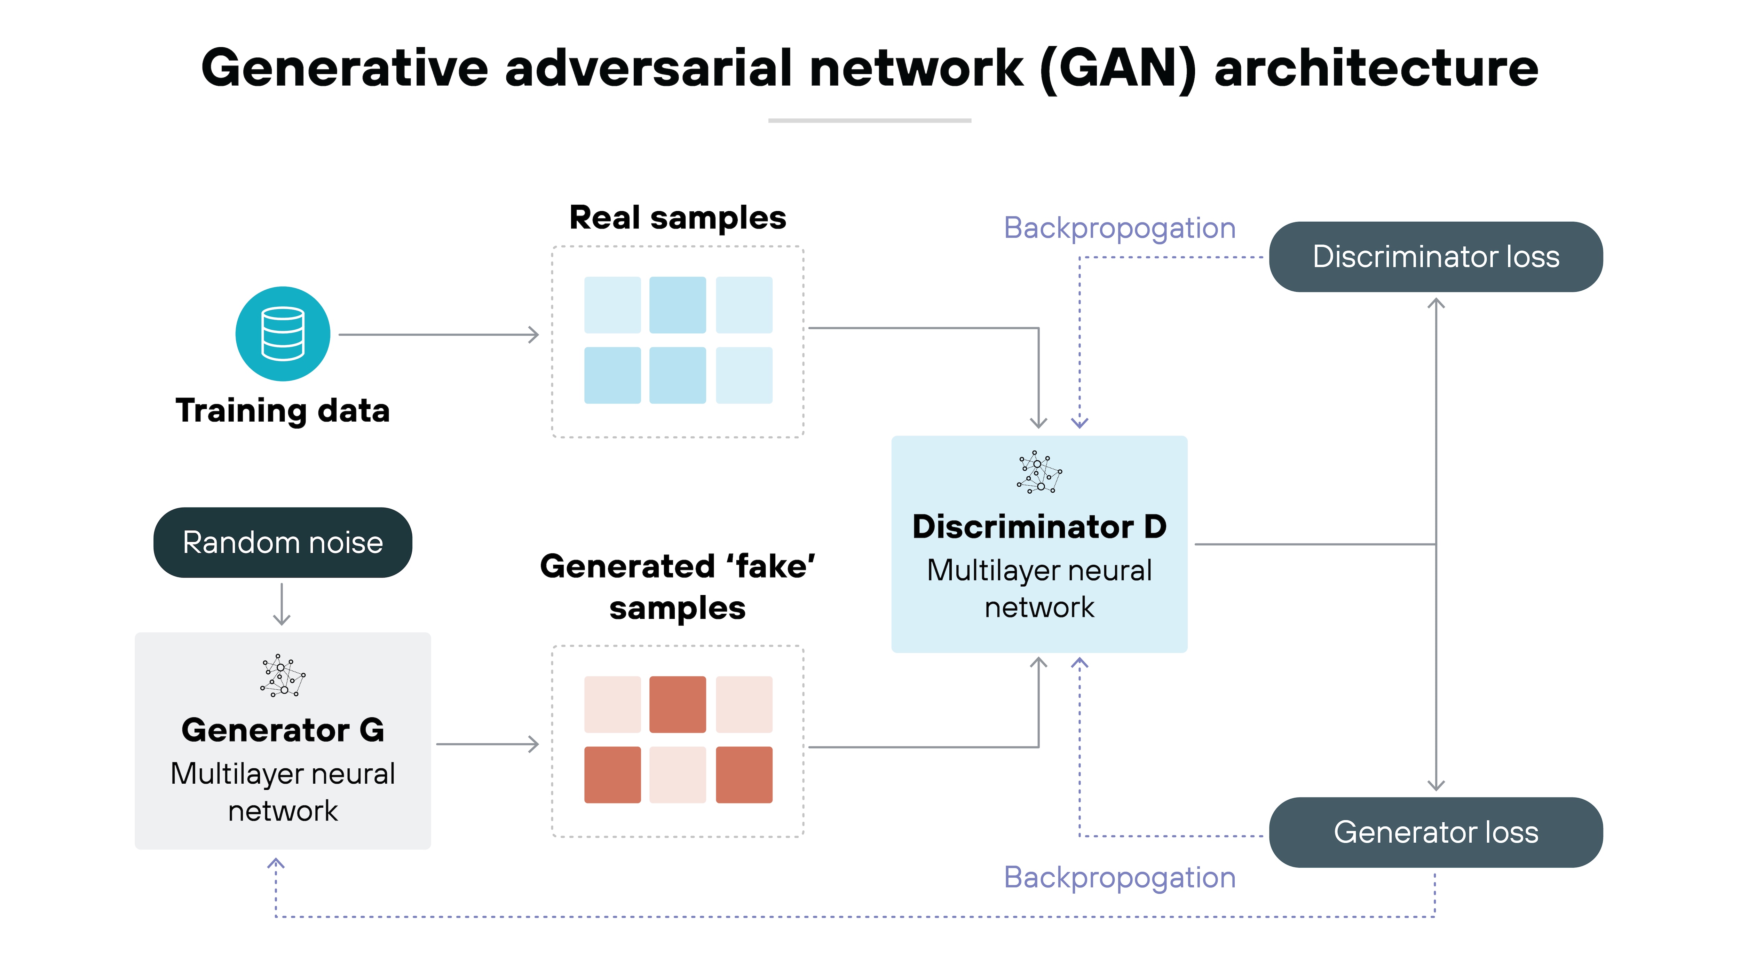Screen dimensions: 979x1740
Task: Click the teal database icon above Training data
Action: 282,334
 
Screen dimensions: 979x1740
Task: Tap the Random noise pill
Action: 282,542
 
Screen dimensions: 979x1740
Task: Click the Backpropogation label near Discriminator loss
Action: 1119,228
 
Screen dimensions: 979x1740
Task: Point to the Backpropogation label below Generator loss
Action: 1119,878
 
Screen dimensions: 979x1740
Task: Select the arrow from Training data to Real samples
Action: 439,335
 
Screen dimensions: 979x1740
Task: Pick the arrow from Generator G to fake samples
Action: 488,744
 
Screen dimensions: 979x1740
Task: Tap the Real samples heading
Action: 678,218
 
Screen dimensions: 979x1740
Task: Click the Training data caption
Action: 282,411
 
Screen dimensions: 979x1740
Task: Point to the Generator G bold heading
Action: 282,730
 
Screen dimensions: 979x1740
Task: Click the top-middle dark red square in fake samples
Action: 678,704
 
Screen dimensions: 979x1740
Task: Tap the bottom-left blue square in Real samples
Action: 612,375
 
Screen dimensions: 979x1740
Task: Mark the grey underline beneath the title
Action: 869,120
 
